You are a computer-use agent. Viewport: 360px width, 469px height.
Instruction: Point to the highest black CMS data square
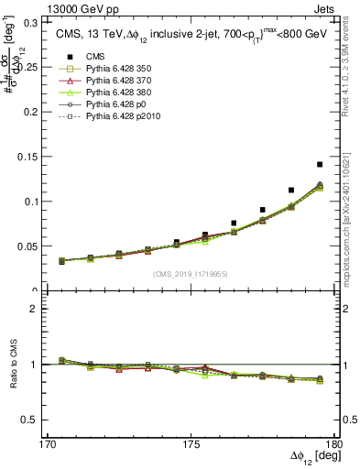(320, 165)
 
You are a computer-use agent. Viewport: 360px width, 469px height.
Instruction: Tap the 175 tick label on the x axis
(191, 444)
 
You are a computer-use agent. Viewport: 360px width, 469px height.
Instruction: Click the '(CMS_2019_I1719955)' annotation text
(190, 274)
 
